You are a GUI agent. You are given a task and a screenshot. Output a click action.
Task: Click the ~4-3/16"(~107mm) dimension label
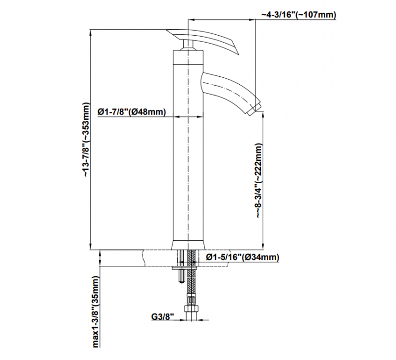(299, 15)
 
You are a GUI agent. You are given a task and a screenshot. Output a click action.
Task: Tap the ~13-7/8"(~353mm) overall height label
(86, 140)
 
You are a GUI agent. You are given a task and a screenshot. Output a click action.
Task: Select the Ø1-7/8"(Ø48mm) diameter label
(132, 111)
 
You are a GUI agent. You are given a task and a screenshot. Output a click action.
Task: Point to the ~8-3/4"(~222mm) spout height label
(259, 181)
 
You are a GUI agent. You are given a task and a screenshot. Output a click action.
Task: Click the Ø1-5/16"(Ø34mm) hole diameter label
(243, 257)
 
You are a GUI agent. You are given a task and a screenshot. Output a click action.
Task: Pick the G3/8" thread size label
(163, 316)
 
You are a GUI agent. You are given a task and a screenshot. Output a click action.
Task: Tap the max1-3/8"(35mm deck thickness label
(96, 312)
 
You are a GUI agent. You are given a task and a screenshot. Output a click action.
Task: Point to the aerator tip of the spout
(254, 109)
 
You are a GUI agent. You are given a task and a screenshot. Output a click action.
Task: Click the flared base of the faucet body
(188, 245)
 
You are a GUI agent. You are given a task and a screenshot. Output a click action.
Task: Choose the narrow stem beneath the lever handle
(188, 45)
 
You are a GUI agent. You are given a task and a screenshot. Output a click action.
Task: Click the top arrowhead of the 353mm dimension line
(91, 32)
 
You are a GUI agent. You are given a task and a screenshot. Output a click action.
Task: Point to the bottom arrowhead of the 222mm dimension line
(263, 247)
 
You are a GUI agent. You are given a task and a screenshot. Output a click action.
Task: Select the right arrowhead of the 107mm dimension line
(252, 19)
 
